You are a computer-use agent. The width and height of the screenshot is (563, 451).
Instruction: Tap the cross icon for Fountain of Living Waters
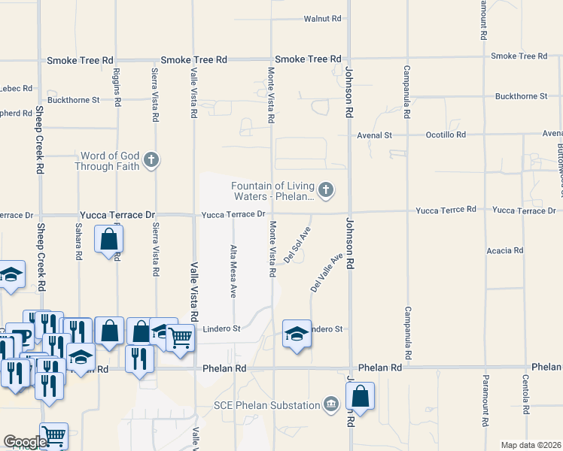(326, 189)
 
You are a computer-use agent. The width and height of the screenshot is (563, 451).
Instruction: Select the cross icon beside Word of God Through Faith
(151, 159)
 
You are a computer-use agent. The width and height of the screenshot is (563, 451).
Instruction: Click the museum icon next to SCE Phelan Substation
(330, 405)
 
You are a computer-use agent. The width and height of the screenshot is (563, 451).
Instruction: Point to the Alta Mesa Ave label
(233, 270)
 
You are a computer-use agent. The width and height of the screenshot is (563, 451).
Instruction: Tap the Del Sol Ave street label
(297, 245)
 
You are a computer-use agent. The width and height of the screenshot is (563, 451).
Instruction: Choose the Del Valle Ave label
(327, 272)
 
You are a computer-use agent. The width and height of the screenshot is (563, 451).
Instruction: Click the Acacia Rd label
(504, 250)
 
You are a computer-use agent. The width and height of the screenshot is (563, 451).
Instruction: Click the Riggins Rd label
(117, 86)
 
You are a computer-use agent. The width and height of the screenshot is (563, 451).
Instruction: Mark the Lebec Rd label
(16, 88)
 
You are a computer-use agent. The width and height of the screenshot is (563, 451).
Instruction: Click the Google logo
(25, 442)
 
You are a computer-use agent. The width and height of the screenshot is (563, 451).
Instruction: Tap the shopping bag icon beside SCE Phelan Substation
(361, 395)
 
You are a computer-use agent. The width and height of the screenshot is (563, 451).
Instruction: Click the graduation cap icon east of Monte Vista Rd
(297, 331)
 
